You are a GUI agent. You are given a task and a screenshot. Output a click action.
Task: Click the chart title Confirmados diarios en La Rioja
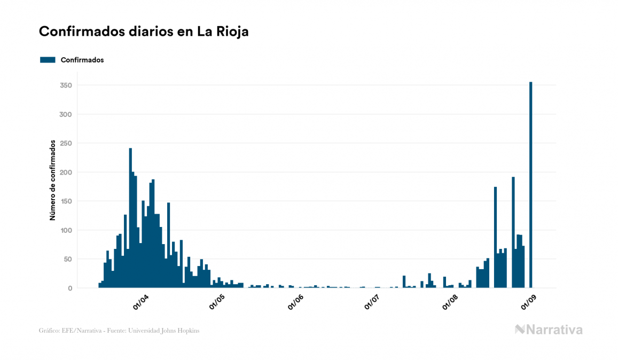coord(144,32)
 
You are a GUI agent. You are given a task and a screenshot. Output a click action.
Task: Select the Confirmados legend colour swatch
coord(48,60)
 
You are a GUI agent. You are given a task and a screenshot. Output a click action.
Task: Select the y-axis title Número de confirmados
coord(52,180)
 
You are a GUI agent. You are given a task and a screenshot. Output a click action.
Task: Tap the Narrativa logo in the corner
coord(549,330)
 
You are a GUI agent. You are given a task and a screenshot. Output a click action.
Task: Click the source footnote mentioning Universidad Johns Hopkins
coord(119,331)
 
